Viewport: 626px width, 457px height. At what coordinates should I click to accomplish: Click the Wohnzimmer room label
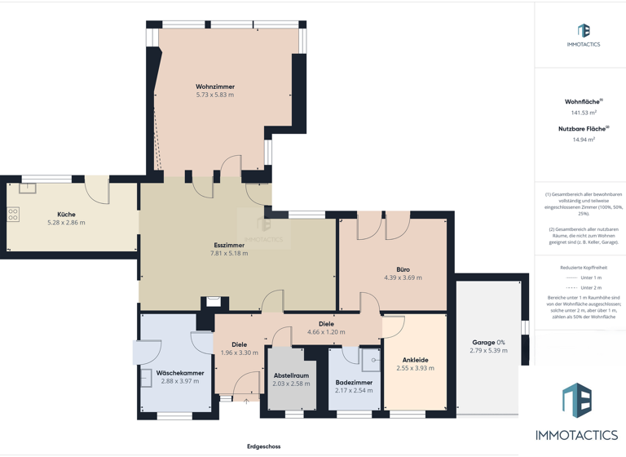click(x=215, y=87)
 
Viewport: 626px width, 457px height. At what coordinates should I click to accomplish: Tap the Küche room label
click(x=66, y=215)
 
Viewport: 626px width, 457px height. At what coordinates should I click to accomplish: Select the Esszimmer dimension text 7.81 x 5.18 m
click(x=229, y=253)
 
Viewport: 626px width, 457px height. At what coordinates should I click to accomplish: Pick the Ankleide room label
click(x=415, y=360)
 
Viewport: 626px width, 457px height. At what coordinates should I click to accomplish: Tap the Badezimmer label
click(x=354, y=382)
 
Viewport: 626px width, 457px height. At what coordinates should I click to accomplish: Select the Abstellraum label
click(x=291, y=375)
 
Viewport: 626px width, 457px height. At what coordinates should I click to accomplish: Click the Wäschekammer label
click(x=180, y=373)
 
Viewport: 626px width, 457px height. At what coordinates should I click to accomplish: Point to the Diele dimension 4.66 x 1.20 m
click(x=326, y=332)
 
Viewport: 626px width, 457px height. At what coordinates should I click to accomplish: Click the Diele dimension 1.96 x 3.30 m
click(x=239, y=353)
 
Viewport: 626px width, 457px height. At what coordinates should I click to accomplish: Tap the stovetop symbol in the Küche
click(x=14, y=215)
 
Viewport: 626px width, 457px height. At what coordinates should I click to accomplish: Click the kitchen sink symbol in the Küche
click(x=27, y=189)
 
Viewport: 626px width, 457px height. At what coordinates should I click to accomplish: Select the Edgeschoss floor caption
click(x=264, y=446)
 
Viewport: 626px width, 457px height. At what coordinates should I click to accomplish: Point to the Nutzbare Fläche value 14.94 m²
click(x=583, y=140)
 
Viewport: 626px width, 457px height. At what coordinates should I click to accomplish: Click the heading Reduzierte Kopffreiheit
click(x=584, y=268)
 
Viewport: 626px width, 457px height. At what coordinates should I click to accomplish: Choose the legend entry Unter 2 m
click(x=591, y=287)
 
